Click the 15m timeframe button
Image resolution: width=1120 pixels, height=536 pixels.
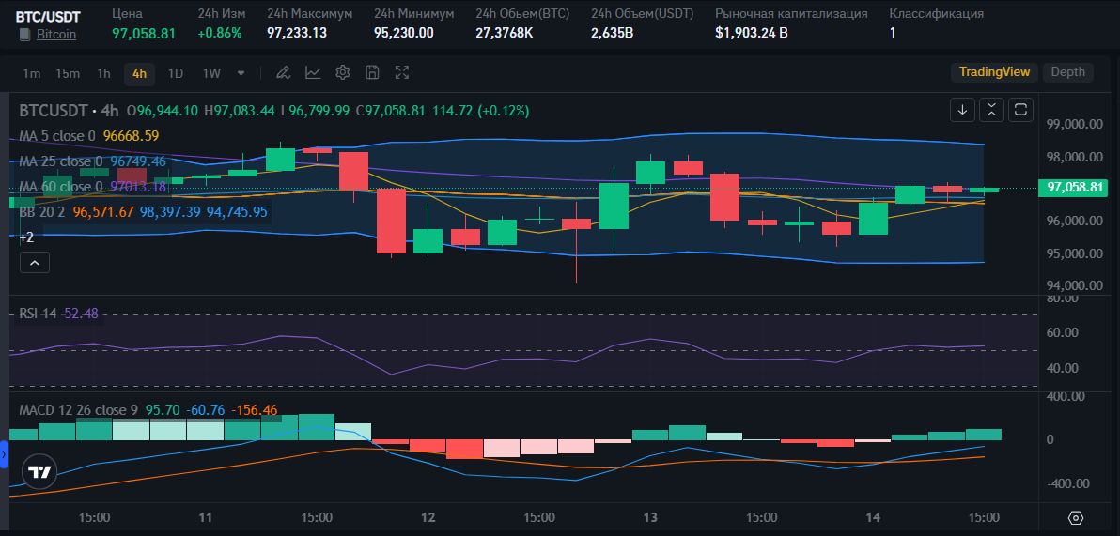click(68, 73)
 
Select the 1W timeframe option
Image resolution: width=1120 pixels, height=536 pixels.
click(211, 73)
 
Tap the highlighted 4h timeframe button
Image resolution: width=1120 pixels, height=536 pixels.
click(139, 73)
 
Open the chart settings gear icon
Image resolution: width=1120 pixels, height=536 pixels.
click(343, 72)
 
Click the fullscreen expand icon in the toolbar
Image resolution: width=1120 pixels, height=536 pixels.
click(402, 72)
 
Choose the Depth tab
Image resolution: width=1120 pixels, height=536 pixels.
click(1068, 72)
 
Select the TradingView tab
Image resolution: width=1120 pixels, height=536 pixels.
click(994, 72)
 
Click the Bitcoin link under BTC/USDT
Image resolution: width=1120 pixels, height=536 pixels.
click(56, 34)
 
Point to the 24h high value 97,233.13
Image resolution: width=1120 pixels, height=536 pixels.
click(297, 33)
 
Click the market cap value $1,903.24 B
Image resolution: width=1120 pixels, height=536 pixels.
click(752, 33)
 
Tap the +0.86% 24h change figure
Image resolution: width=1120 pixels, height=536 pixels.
click(220, 33)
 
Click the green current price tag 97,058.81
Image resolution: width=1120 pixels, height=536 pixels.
click(1074, 188)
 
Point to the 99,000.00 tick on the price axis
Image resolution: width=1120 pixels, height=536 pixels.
click(1075, 124)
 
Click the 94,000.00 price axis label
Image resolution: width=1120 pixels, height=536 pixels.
click(1075, 285)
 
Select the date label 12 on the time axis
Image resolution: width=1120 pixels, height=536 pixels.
click(428, 517)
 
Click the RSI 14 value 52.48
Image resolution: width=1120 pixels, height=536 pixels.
click(82, 314)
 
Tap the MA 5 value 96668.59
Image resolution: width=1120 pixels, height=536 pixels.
click(131, 135)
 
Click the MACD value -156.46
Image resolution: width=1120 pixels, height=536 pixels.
click(255, 410)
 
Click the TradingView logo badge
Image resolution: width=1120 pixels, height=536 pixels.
click(39, 472)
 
